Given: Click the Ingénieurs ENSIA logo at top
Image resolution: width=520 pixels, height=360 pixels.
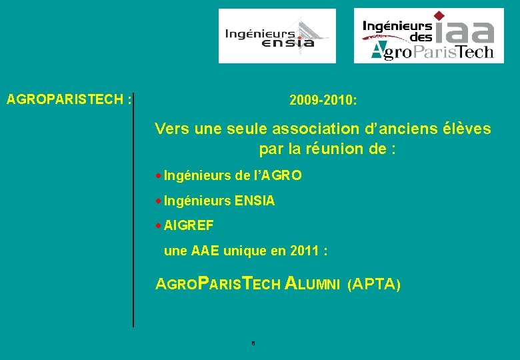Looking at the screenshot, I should click(277, 36).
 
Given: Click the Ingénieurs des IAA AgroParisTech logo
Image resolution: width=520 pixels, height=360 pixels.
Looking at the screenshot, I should click(428, 35).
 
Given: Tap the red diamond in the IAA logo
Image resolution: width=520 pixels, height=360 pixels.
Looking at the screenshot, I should click(439, 15).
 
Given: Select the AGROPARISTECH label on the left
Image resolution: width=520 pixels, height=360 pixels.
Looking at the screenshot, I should click(68, 100).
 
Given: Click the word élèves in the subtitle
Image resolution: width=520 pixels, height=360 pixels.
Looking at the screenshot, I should click(466, 128).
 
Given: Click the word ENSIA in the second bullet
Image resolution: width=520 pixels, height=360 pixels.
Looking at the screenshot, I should click(255, 201).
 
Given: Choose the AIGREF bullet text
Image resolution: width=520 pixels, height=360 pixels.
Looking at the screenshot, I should click(189, 226).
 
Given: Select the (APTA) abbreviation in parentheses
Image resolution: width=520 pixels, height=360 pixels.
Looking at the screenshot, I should click(374, 285).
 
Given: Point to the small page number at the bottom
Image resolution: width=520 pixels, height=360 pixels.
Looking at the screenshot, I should click(253, 343).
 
